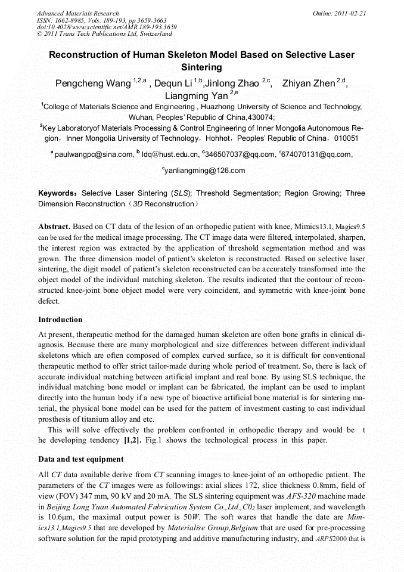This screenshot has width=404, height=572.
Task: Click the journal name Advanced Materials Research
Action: coord(77,13)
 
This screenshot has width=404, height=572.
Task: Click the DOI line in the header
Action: coord(107,27)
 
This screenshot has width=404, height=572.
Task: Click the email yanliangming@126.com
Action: coord(203,171)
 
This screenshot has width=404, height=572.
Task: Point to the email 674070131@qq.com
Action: coord(319,155)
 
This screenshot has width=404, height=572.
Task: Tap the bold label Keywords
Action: coord(57,194)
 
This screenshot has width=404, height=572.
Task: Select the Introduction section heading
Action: coord(60,320)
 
